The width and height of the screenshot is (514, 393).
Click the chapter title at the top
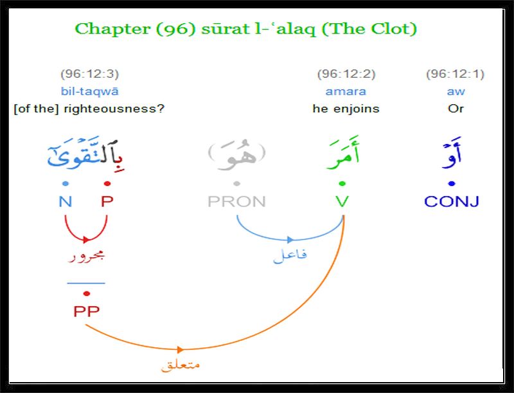(246, 29)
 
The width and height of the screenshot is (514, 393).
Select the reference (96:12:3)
(89, 74)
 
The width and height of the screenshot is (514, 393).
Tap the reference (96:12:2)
(346, 74)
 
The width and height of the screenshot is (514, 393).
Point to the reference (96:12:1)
(456, 74)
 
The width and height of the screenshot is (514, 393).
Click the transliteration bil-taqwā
(89, 91)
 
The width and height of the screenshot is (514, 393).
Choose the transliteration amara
(346, 91)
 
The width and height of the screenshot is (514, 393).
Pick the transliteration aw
(456, 91)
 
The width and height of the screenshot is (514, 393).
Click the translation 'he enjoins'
(346, 109)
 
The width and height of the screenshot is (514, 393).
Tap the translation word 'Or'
(456, 109)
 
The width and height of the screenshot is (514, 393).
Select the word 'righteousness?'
(114, 109)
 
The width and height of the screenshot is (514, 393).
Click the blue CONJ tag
(452, 201)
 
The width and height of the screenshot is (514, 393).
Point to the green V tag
(342, 201)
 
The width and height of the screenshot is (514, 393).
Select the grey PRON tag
(236, 201)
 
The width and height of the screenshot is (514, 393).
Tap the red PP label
(86, 311)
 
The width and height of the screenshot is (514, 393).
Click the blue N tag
(66, 201)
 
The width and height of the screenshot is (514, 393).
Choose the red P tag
(107, 201)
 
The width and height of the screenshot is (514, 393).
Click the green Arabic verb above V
(343, 153)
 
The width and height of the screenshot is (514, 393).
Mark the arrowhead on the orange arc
(181, 350)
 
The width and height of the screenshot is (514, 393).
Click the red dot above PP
(87, 293)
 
